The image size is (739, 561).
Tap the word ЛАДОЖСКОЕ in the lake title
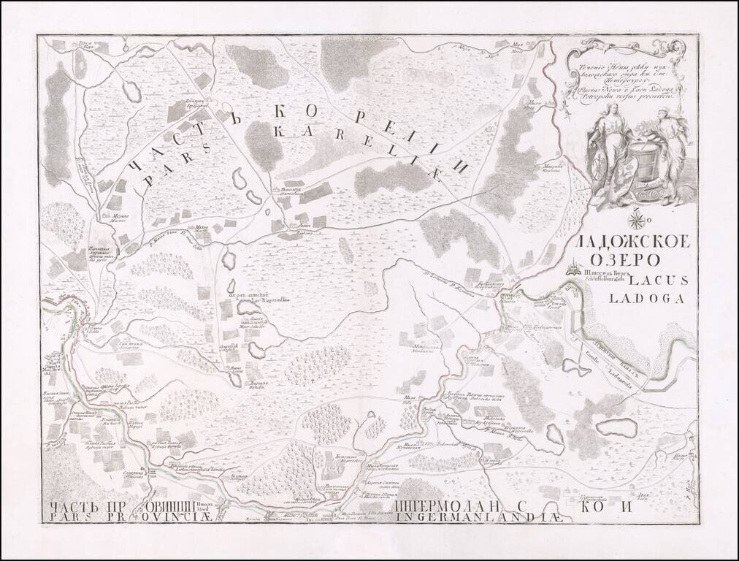point(629,243)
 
